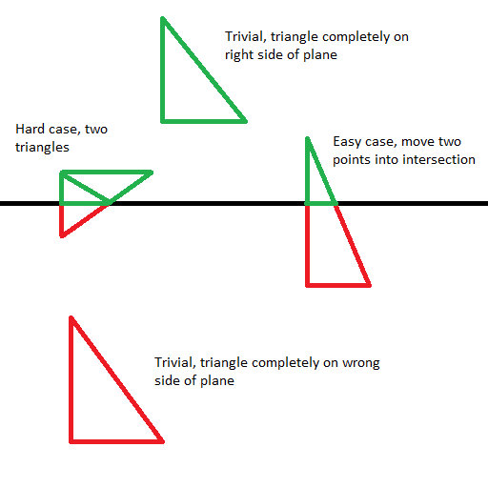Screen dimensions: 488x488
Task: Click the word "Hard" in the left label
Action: coord(30,129)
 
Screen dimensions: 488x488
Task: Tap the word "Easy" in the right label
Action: coord(347,142)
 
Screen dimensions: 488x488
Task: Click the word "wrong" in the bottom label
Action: coord(361,363)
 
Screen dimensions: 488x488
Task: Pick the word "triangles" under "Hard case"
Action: coord(42,148)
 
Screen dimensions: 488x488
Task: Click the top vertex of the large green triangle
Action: coord(163,18)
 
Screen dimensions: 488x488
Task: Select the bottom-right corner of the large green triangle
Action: coord(245,121)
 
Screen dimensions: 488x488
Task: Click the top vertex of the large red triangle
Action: coord(71,317)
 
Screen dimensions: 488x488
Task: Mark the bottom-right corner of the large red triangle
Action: coord(162,441)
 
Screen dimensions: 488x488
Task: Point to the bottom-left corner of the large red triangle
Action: coord(71,441)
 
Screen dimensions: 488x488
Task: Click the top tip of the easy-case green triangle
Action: coord(307,138)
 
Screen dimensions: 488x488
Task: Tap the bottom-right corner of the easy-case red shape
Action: coord(369,285)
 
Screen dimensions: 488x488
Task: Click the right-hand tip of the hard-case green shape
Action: coord(152,173)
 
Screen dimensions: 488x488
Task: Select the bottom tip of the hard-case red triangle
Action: coord(62,235)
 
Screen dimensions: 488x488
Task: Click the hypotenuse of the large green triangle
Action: coord(204,70)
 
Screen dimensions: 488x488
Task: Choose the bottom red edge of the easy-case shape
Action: coord(338,285)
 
